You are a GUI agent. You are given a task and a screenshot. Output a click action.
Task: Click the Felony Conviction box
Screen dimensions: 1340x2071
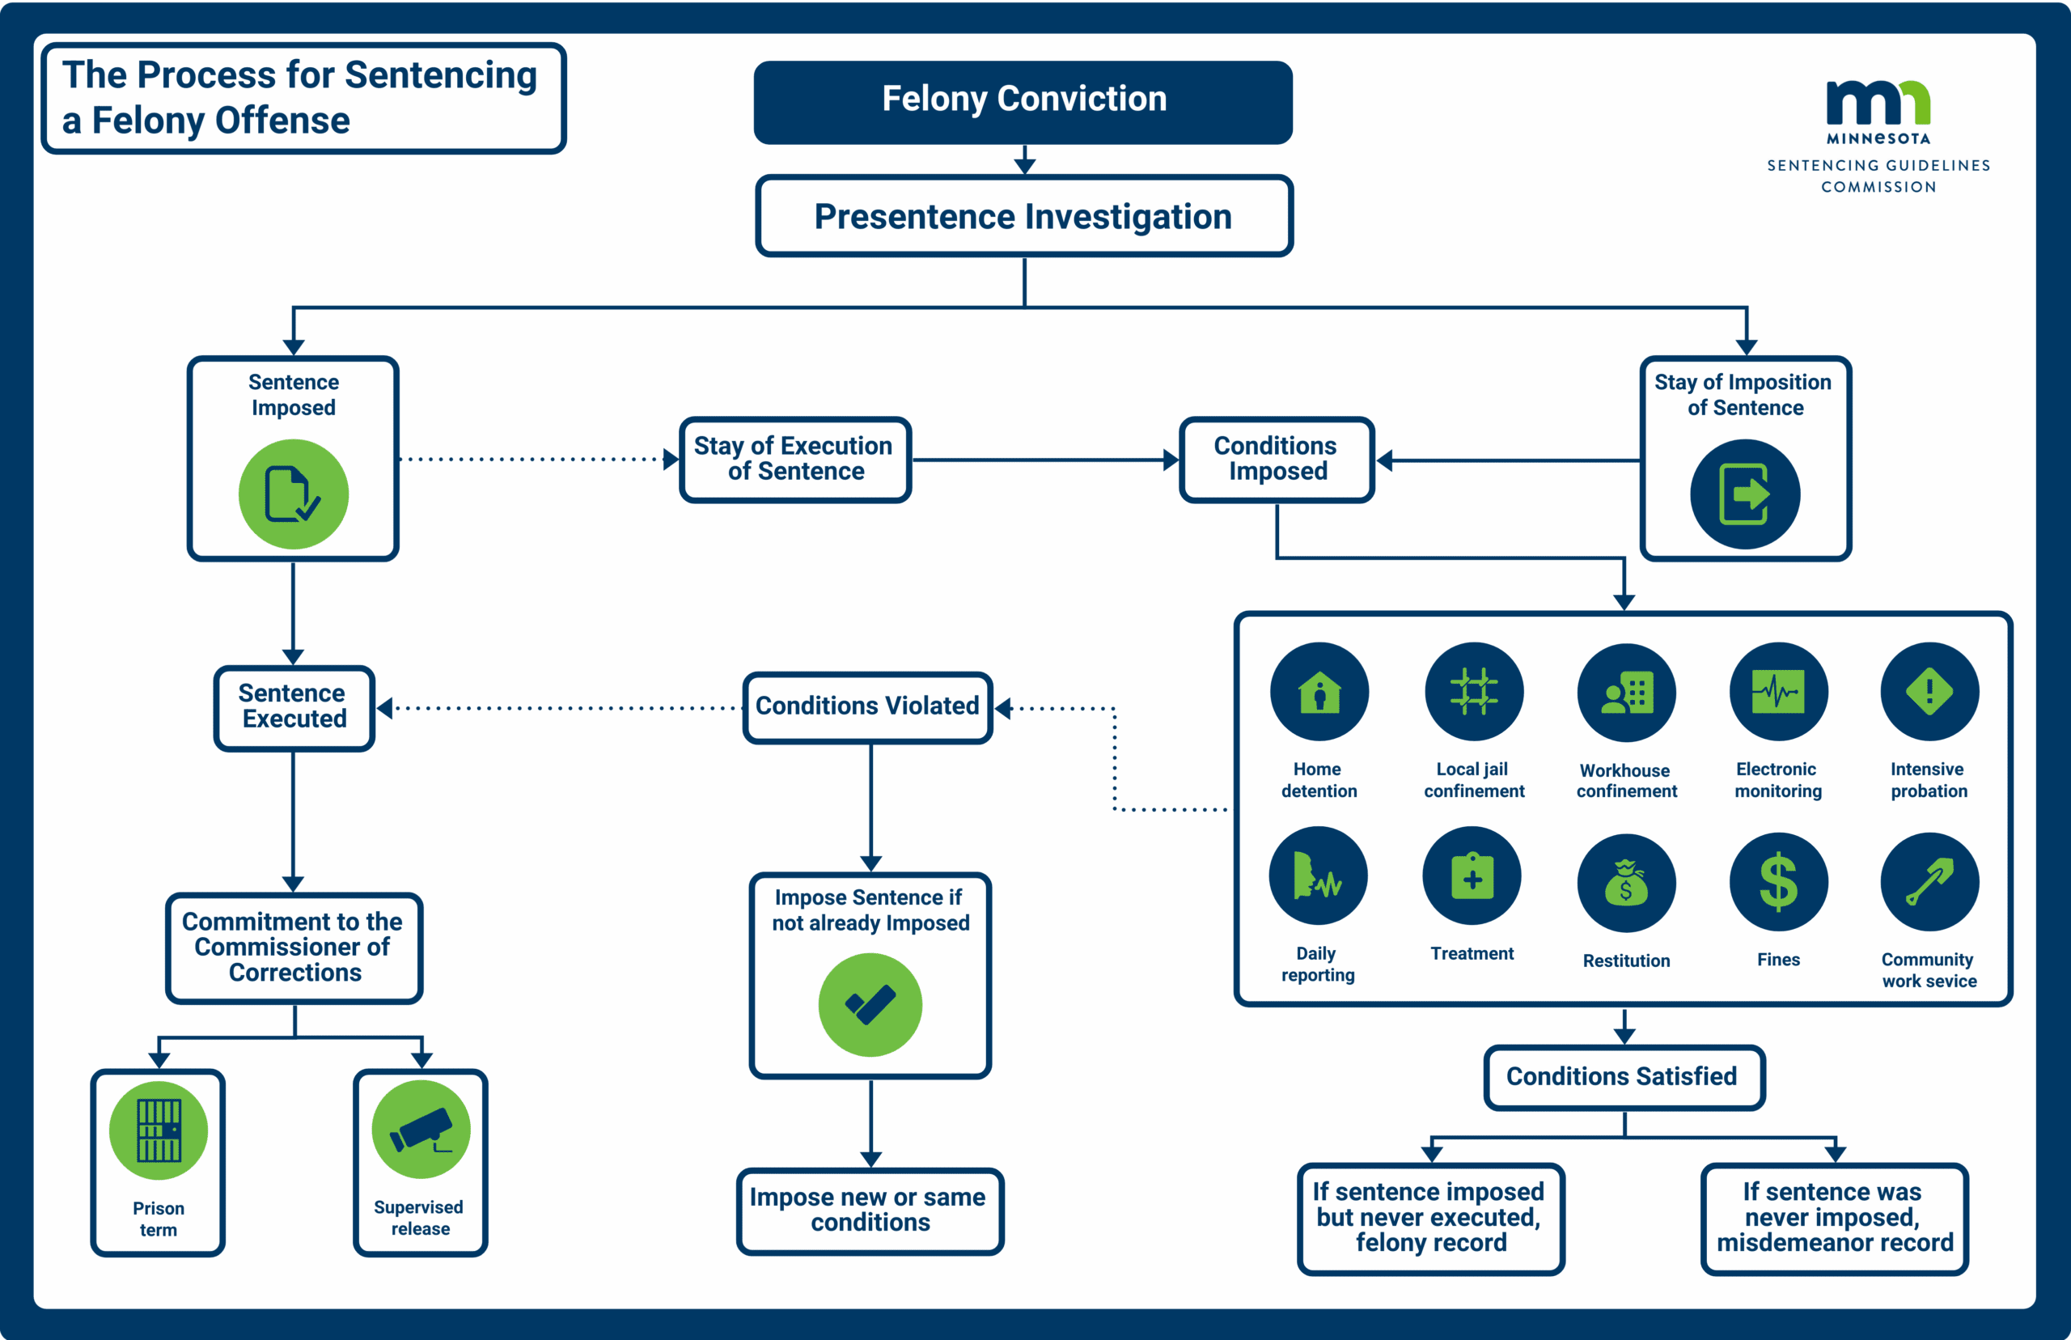1023,101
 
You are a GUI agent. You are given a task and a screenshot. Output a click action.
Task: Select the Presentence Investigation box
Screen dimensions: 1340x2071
1023,216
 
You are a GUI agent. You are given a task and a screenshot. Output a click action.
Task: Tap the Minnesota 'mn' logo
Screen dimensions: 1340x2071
1878,104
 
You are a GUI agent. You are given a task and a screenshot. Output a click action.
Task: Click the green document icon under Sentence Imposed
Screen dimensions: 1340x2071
293,494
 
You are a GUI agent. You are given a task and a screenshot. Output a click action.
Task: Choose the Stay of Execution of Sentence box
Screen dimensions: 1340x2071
795,460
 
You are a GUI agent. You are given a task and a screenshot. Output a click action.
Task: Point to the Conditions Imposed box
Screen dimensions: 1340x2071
1276,460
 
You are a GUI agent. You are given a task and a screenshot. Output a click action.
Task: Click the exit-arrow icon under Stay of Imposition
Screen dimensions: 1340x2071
1744,494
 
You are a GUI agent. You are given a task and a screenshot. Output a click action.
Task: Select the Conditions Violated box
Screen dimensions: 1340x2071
867,706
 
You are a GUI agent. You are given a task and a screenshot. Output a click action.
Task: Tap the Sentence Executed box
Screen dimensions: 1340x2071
293,706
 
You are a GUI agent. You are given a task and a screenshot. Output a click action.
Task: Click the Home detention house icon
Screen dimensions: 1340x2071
1319,693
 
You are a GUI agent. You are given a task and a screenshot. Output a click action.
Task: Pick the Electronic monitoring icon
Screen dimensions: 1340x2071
1778,693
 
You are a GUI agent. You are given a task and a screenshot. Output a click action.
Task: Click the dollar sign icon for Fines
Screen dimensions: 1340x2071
1778,882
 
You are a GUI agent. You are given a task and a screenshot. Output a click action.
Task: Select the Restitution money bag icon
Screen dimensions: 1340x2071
1626,883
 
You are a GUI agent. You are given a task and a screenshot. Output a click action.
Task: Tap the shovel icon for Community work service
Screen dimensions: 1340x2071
1929,882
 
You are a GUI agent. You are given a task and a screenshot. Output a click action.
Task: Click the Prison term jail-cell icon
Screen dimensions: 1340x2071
159,1130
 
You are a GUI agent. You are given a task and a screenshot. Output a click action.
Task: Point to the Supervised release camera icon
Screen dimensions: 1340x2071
421,1130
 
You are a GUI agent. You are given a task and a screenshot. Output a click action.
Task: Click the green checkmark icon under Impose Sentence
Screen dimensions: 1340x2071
870,1005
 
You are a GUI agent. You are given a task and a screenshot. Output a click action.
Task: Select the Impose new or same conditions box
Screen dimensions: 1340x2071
870,1211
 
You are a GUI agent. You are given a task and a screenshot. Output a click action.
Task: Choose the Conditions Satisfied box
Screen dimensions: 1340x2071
1623,1076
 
